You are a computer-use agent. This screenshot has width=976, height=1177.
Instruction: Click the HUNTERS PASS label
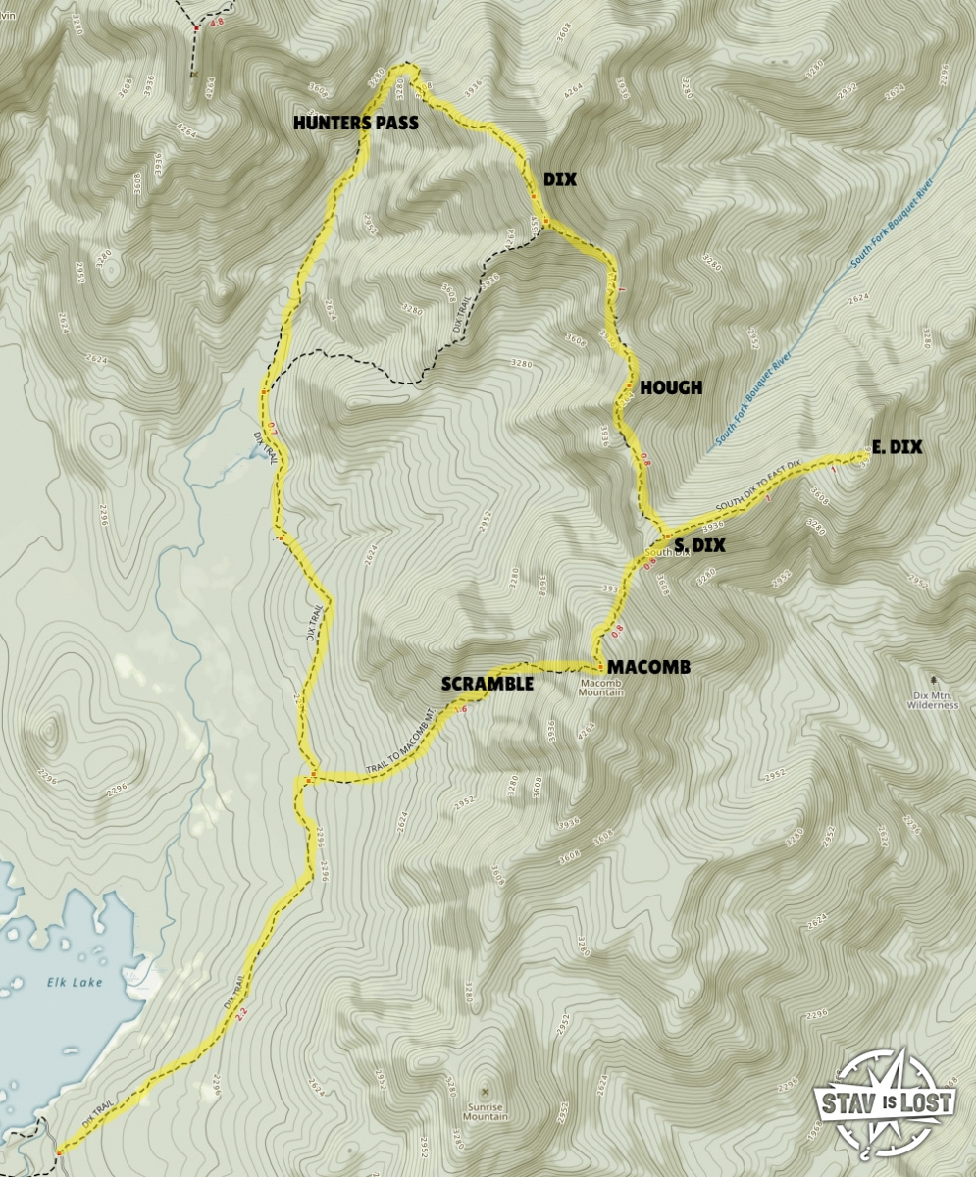click(x=356, y=124)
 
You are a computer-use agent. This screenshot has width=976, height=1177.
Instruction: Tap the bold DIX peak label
click(x=559, y=180)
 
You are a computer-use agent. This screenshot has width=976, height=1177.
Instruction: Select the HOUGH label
click(x=671, y=388)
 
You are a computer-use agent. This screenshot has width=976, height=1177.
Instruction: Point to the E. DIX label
click(x=898, y=447)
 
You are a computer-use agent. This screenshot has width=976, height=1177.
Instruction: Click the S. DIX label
click(x=700, y=546)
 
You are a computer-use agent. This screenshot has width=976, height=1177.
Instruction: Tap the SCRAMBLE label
click(x=488, y=684)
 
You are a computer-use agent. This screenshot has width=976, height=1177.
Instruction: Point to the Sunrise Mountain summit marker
click(x=487, y=1091)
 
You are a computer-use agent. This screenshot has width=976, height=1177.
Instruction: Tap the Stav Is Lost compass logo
click(x=883, y=1100)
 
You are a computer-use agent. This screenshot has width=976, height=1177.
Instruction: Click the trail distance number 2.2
click(x=241, y=1017)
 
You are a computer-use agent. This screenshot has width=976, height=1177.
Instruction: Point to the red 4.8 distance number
click(x=217, y=22)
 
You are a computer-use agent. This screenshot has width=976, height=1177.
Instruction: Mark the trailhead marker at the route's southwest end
click(x=59, y=1153)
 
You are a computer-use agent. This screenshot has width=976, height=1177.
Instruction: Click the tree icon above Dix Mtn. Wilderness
click(x=932, y=679)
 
